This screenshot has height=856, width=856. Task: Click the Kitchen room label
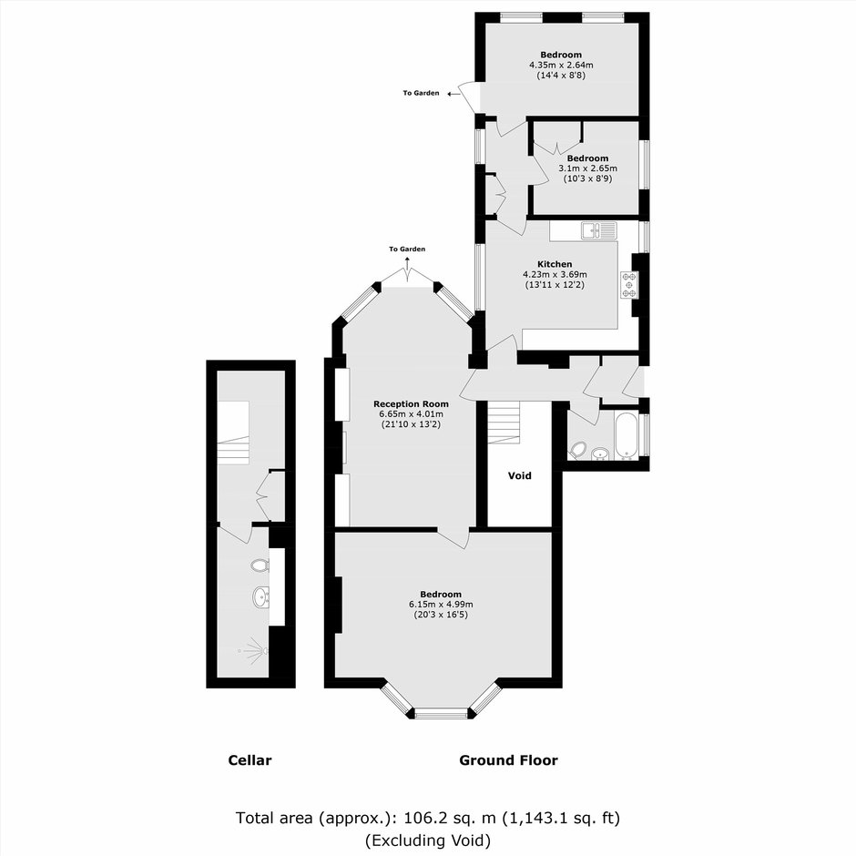pos(555,264)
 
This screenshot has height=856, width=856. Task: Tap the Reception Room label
pos(411,404)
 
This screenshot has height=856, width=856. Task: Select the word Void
pos(520,475)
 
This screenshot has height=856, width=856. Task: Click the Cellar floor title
pos(250,759)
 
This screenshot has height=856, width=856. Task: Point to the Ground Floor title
pos(508,759)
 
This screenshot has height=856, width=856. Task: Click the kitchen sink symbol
pos(599,231)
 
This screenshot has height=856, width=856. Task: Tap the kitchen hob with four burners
pos(629,285)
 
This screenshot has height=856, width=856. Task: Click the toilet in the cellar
pos(260,565)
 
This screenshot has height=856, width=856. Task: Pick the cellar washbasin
pos(261,597)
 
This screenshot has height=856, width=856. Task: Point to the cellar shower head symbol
pos(253,650)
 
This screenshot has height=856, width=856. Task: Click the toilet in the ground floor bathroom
pos(577,451)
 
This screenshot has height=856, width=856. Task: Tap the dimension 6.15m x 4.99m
pos(441,605)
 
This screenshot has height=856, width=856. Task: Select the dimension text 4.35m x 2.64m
pos(561,65)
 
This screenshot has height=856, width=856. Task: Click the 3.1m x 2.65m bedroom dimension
pos(587,168)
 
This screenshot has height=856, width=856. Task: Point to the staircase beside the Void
pos(504,423)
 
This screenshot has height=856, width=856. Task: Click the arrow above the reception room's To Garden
pos(407,263)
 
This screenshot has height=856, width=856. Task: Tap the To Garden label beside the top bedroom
pos(421,94)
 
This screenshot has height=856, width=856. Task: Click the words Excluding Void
pos(428,840)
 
